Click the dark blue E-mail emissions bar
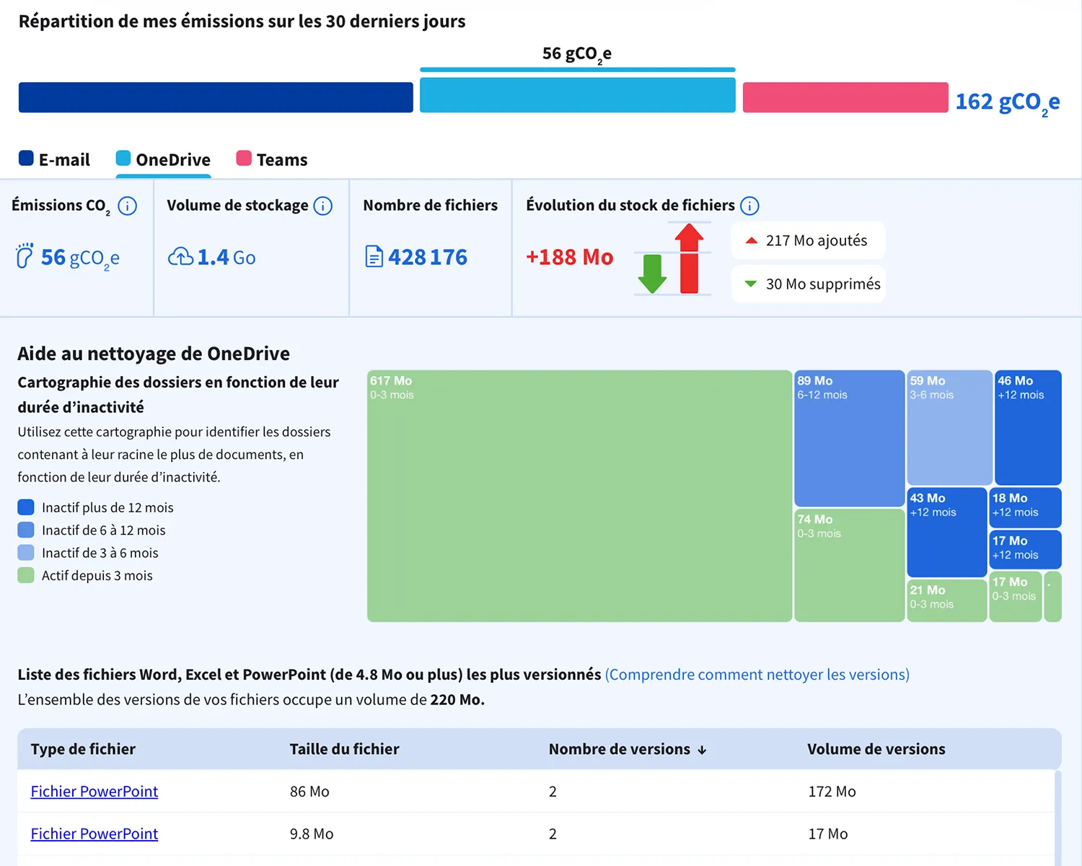[x=216, y=97]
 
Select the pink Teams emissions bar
[x=845, y=97]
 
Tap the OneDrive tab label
[x=173, y=159]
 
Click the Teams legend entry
[x=271, y=159]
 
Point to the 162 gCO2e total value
[x=1007, y=102]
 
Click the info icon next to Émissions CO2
[x=127, y=206]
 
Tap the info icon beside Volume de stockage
[x=322, y=206]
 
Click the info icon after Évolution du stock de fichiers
[x=749, y=206]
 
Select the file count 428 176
[x=427, y=257]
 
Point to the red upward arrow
[x=689, y=258]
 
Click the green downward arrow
[x=652, y=274]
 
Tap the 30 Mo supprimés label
[x=823, y=284]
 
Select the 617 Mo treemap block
[x=579, y=497]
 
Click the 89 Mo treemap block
[x=849, y=438]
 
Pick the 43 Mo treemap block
[x=946, y=533]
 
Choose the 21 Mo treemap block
[x=946, y=601]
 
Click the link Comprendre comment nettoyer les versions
[x=757, y=674]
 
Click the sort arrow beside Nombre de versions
[x=702, y=751]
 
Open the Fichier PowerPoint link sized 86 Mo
[x=94, y=792]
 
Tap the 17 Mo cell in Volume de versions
[x=827, y=834]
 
